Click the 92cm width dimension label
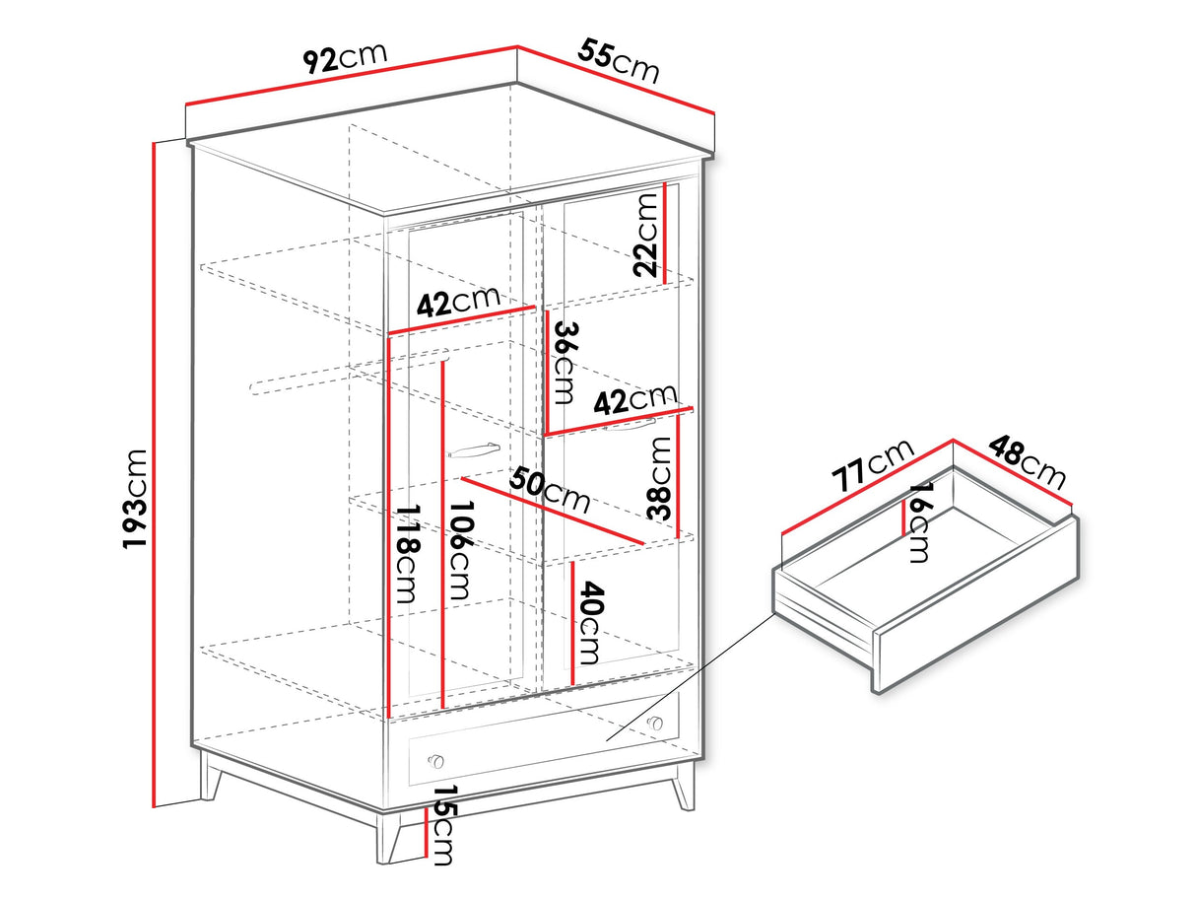point(345,56)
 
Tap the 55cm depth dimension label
point(619,60)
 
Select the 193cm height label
point(135,499)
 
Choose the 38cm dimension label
point(659,478)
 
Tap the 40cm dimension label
point(590,623)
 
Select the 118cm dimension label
point(408,553)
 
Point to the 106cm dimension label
point(459,550)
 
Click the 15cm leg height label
point(443,825)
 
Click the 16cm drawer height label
point(919,521)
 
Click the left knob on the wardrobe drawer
point(435,760)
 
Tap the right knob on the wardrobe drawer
point(654,723)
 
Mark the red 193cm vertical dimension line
point(155,474)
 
